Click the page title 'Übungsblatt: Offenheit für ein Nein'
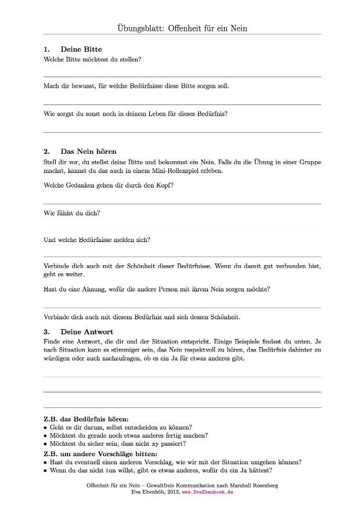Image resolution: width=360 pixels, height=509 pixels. tap(182, 28)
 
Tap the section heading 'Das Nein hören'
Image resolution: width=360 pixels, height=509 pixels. tap(88, 151)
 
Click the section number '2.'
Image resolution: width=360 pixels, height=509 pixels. tap(47, 151)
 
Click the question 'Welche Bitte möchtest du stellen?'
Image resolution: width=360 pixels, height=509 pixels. tap(93, 59)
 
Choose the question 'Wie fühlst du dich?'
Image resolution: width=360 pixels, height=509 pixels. tap(72, 213)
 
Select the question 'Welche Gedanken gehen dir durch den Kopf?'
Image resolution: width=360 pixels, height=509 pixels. tap(109, 185)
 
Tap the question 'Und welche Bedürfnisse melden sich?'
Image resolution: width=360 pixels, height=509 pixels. tap(97, 240)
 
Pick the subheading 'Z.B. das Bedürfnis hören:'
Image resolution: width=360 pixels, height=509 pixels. tap(86, 418)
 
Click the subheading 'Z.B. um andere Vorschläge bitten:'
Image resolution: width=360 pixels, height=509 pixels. tap(100, 453)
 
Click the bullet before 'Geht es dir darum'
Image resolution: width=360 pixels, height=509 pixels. tap(45, 427)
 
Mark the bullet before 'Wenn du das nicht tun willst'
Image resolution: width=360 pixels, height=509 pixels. tap(45, 471)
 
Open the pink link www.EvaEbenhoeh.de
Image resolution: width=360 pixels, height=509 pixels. tap(208, 492)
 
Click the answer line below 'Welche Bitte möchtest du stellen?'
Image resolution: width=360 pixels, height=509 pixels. tap(182, 77)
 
